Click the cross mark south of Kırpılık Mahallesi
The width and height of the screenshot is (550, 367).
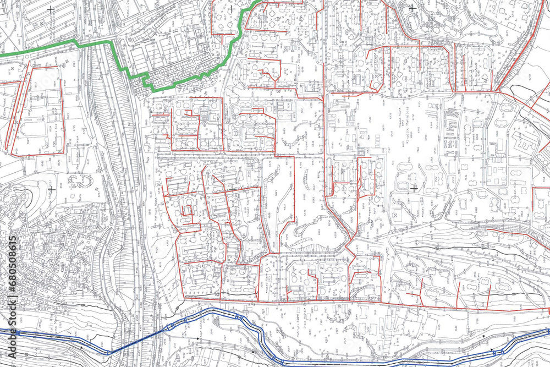point(414,189)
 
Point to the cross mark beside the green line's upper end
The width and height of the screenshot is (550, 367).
point(232,9)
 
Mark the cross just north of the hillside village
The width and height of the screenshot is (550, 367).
point(51,189)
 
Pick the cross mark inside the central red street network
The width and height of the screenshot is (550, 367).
point(233,189)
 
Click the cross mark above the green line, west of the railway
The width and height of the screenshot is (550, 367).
point(51,9)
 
